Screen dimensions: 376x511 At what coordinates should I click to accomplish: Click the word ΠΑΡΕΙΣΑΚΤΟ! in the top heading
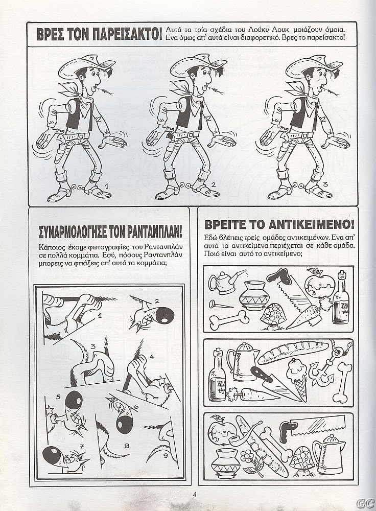(x=127, y=34)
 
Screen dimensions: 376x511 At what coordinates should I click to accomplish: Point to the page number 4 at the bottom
(x=195, y=494)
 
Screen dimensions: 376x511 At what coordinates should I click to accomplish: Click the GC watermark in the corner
(x=364, y=503)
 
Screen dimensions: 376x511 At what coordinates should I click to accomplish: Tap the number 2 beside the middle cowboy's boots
(x=214, y=185)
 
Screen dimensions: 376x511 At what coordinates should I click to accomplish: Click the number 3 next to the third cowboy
(x=325, y=184)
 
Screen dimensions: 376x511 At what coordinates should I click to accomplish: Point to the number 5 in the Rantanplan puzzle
(x=58, y=397)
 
